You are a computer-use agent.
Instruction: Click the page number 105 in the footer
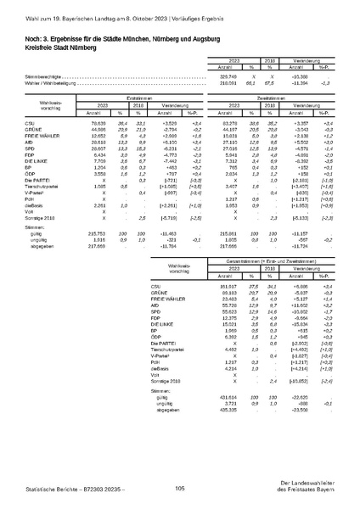[x=179, y=487]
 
